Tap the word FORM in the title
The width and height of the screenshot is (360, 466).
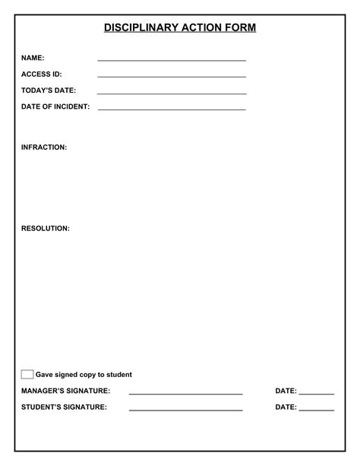pos(241,28)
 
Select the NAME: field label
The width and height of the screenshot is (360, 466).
pos(33,58)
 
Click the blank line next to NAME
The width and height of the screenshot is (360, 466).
pos(172,59)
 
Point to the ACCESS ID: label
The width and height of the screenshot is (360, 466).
pos(42,74)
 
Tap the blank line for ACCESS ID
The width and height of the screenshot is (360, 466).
pos(172,76)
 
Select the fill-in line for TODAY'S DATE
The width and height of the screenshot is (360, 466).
pos(172,93)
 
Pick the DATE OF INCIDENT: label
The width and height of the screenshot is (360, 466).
pos(55,107)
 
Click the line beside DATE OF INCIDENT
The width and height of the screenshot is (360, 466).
pos(172,109)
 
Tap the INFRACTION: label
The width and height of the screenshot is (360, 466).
pos(44,147)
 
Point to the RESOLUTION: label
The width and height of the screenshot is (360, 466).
pos(46,228)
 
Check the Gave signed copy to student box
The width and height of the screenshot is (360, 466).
pos(27,374)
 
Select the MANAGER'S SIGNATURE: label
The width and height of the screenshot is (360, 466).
pos(65,391)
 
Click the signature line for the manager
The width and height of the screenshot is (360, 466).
pos(185,394)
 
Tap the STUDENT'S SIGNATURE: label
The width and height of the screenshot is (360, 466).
pos(64,407)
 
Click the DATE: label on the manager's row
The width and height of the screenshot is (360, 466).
pos(286,391)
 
